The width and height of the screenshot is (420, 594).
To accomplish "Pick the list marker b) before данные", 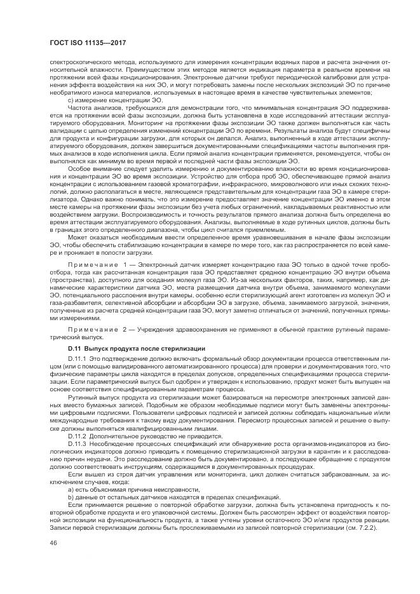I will (x=70, y=498).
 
